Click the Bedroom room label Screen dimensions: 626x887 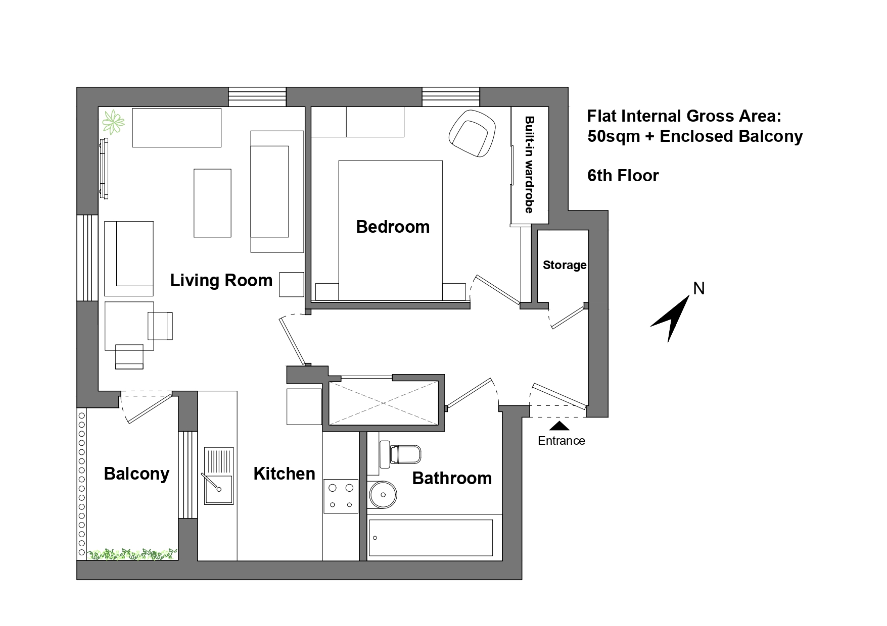393,227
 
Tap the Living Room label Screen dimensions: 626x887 221,280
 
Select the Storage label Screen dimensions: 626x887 564,265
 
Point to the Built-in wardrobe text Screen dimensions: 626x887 529,165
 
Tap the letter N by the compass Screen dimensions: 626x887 698,289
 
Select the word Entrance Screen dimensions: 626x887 561,441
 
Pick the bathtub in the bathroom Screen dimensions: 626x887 431,538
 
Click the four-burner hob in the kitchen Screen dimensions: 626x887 341,496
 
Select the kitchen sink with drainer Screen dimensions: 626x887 218,476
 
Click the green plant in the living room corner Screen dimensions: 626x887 113,122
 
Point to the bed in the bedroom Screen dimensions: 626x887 390,230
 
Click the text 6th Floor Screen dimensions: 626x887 623,176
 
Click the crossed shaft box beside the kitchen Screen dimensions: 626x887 383,403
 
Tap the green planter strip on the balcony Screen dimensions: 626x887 132,554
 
